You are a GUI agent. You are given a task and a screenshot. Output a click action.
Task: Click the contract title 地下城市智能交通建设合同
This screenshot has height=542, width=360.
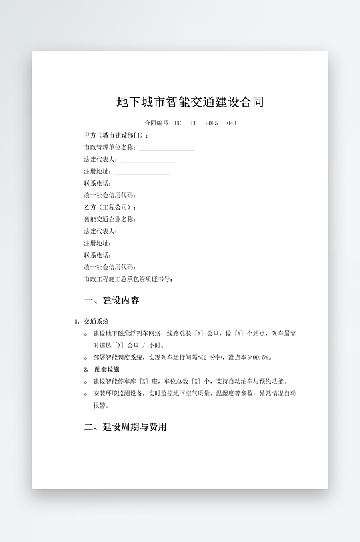[x=190, y=102]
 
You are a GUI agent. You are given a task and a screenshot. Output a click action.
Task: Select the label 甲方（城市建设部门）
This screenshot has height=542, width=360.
[x=116, y=135]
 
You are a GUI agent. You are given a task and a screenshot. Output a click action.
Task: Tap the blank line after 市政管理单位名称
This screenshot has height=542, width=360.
[x=166, y=148]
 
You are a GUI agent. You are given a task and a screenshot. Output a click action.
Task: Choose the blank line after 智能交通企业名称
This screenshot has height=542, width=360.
[x=166, y=220]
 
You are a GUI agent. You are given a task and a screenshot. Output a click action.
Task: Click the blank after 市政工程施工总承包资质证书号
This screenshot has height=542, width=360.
[x=203, y=280]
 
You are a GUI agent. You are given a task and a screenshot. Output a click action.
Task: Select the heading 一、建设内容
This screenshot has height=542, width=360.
[x=112, y=300]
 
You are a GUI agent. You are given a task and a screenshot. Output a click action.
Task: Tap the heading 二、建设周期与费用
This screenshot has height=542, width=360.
[x=125, y=427]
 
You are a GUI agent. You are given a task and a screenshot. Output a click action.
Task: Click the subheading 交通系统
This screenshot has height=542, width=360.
[x=96, y=321]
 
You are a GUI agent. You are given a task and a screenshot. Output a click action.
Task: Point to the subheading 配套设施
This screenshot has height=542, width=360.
[x=106, y=369]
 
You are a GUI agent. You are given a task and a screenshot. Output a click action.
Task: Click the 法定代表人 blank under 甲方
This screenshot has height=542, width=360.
[x=148, y=160]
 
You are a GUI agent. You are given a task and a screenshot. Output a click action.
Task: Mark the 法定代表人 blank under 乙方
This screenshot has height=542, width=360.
[x=148, y=232]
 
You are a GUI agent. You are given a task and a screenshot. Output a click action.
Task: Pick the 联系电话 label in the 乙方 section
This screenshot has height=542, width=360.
[x=97, y=255]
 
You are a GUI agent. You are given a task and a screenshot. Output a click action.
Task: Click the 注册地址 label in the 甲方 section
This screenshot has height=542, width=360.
[x=97, y=171]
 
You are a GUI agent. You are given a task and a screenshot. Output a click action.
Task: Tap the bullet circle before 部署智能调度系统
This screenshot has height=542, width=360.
[x=85, y=358]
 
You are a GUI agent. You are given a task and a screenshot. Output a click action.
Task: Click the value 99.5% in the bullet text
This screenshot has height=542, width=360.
[x=261, y=357]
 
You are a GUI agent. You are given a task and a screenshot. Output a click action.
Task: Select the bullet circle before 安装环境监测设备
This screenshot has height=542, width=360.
[x=85, y=394]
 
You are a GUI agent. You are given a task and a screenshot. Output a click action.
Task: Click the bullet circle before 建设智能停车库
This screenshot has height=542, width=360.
[x=85, y=382]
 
